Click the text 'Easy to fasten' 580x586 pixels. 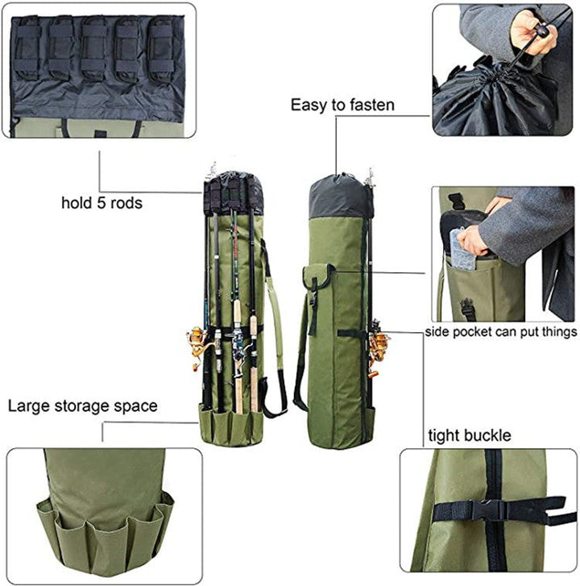point(342,105)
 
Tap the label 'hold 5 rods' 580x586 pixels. point(101,203)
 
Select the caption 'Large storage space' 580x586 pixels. point(82,405)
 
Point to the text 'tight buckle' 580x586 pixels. point(469,436)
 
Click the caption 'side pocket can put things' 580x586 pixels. point(501,332)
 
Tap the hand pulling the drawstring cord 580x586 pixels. point(534,32)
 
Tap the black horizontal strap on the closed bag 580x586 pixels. point(351,333)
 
